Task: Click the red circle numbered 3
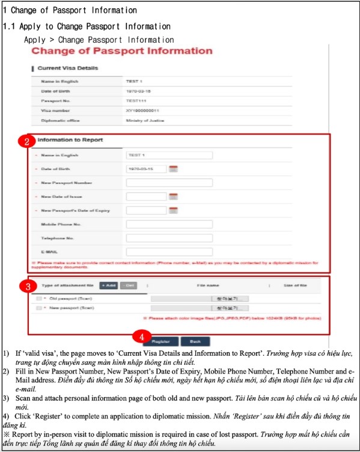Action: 26,286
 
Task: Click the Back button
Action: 195,341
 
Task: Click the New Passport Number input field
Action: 169,183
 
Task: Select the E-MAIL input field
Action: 169,251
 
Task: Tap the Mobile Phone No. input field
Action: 169,224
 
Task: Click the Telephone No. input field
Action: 169,238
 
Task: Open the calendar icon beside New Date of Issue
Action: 174,197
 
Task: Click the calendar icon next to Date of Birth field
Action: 174,169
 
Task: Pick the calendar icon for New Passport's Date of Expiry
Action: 174,210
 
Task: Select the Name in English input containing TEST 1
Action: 169,155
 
